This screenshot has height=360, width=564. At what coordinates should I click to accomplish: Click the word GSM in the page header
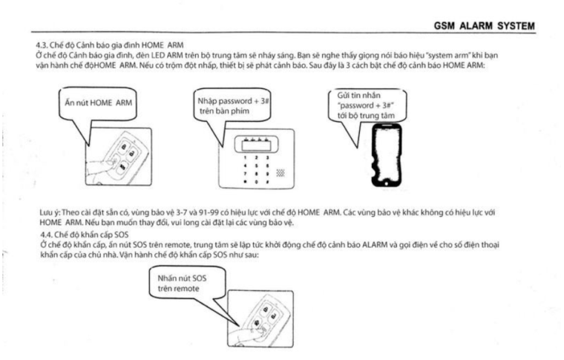click(445, 26)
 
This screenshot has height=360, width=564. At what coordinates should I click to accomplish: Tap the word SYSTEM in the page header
click(517, 26)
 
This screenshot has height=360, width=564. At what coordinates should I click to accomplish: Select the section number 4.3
click(42, 45)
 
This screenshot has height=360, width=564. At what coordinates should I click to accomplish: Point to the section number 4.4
click(46, 235)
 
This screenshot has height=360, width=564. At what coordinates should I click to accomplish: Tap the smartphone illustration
click(387, 155)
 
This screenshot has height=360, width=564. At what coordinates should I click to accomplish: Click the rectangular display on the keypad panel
click(257, 145)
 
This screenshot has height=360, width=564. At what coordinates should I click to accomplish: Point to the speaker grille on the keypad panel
click(281, 174)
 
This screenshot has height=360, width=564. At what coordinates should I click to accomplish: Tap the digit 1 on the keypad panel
click(246, 158)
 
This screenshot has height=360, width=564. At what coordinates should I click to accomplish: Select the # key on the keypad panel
click(267, 182)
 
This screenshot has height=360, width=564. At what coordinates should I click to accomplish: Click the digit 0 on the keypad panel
click(257, 182)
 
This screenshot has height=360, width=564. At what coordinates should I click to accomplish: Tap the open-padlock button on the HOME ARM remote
click(132, 154)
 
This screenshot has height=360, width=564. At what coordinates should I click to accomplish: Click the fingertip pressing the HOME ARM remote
click(114, 162)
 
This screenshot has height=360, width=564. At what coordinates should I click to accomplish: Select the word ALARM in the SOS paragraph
click(375, 245)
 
